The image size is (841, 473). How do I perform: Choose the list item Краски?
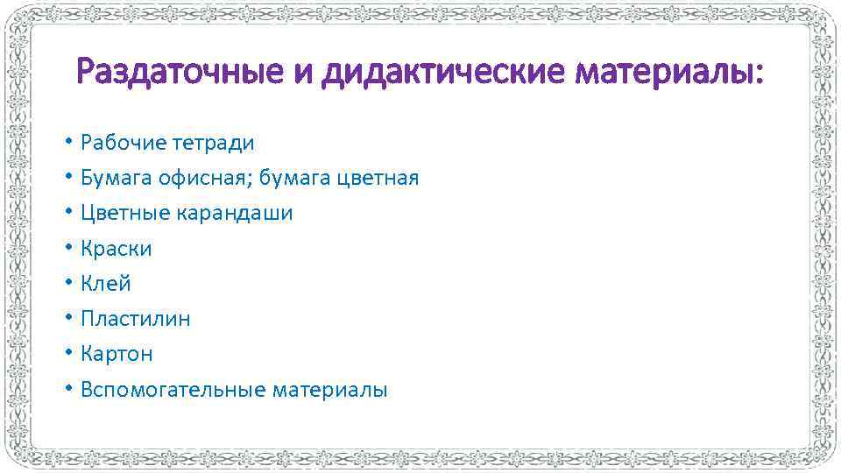tap(117, 249)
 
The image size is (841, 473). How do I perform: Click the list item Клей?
tap(106, 284)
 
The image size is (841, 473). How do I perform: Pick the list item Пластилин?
tap(136, 319)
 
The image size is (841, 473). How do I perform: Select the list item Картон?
tap(117, 354)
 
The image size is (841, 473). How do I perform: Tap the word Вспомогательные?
tap(173, 390)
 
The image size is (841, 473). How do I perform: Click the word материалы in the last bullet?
tap(329, 390)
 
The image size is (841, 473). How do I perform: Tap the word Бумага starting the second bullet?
tap(117, 179)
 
